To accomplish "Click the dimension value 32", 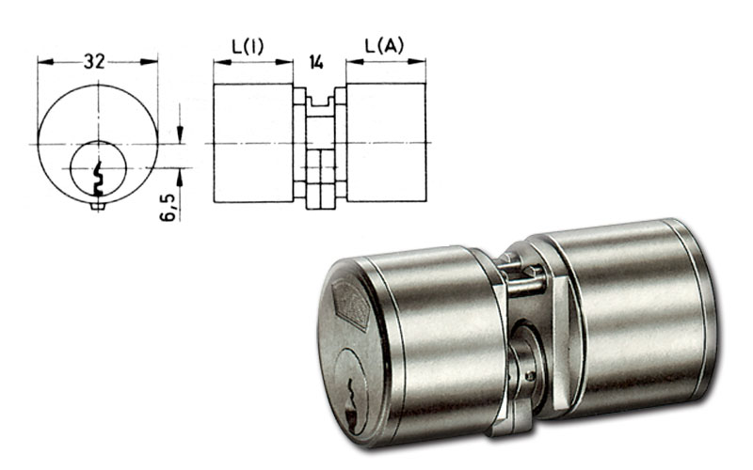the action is tap(94, 61).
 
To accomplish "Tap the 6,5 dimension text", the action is tap(168, 208).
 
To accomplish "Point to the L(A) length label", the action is tap(384, 45).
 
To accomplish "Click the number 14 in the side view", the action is tap(316, 62).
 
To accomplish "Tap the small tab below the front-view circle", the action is tap(98, 206).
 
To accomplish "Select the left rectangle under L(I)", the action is tap(252, 143).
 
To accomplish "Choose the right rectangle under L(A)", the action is tap(386, 142).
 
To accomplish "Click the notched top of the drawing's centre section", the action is tap(320, 102).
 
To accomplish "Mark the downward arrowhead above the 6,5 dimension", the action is tap(180, 133).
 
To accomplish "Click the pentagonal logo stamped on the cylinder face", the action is tap(353, 306).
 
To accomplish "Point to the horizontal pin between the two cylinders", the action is tap(526, 287).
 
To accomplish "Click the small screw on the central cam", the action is tap(530, 376).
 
